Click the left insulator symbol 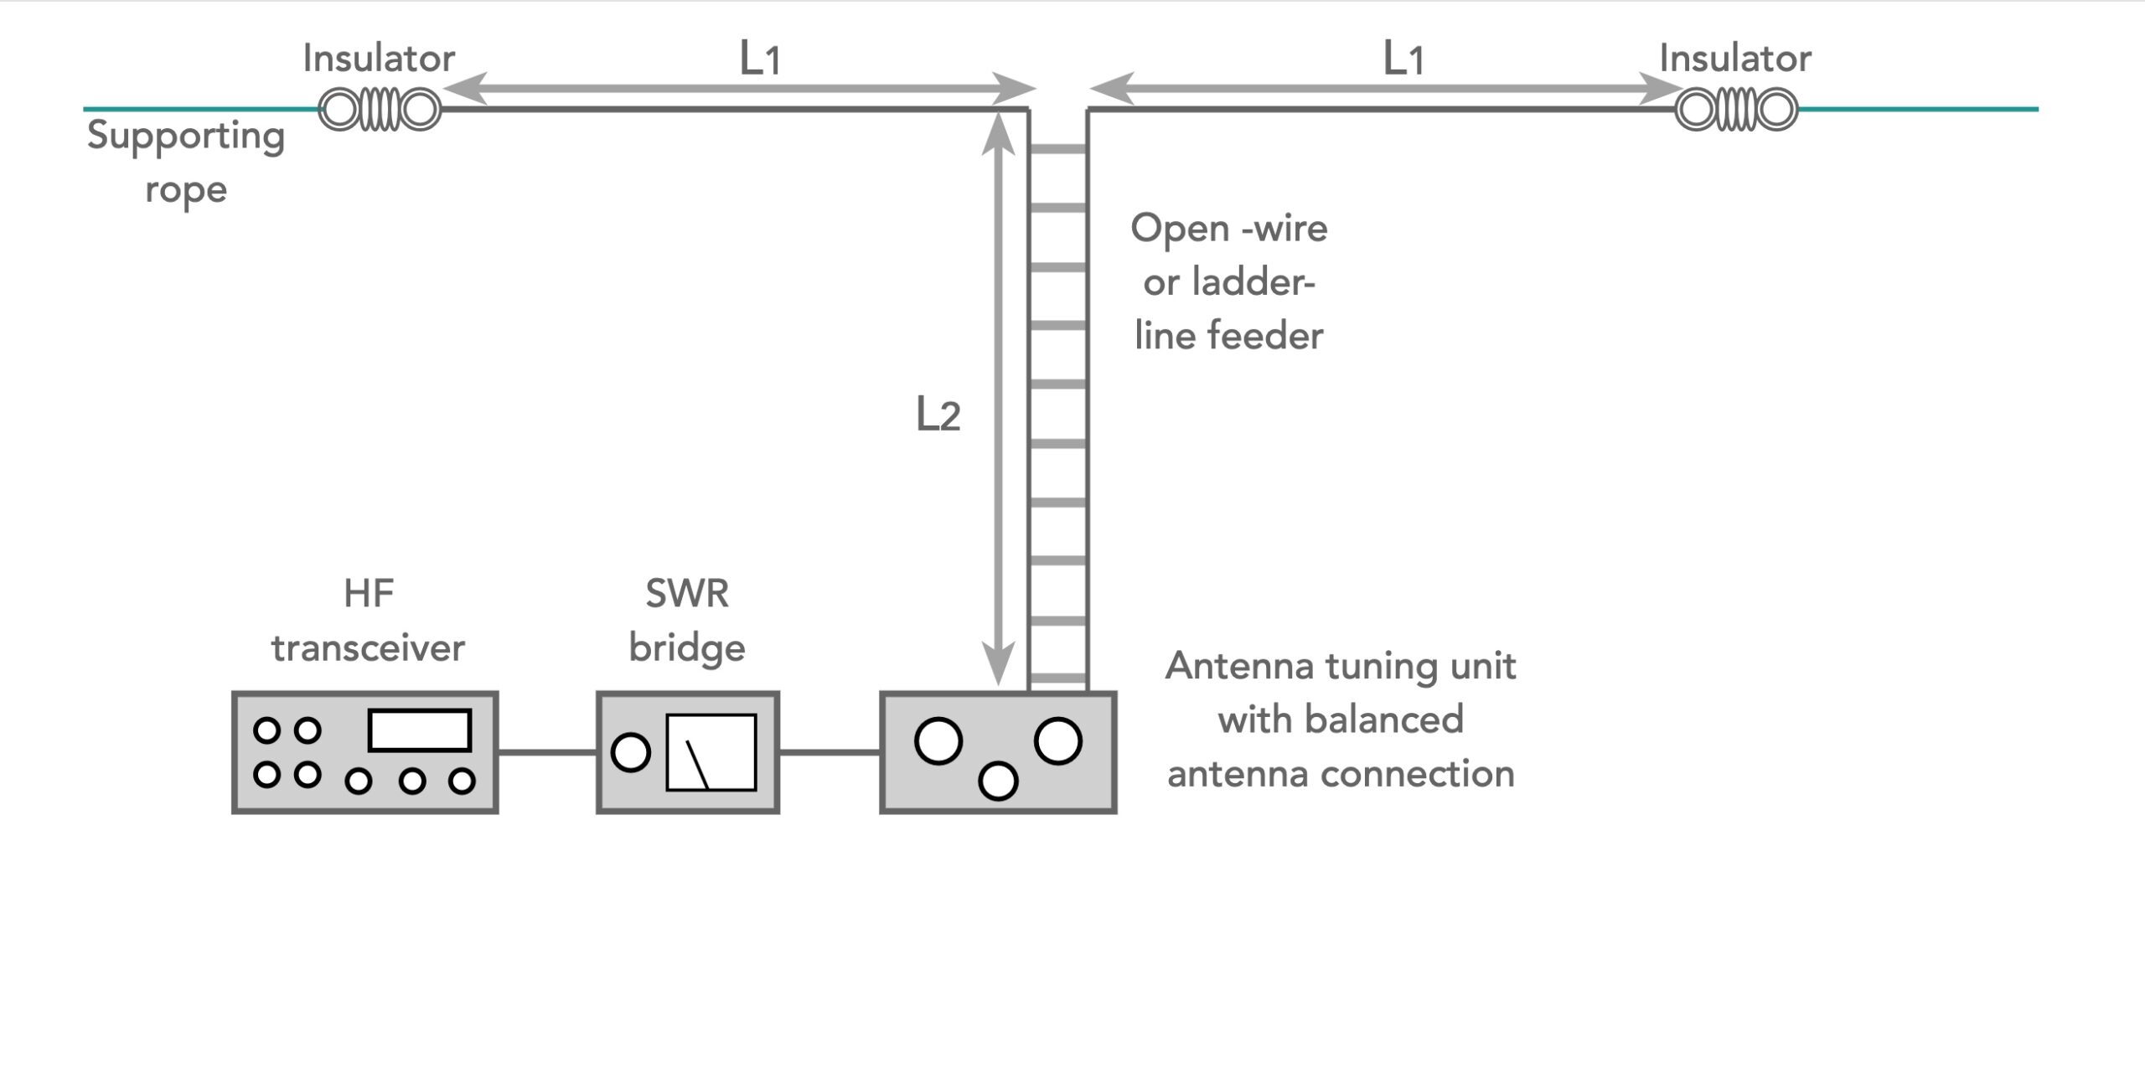[x=380, y=110]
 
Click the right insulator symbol [x=1736, y=110]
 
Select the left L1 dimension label [x=760, y=59]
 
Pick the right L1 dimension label [x=1403, y=59]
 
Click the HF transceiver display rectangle [x=420, y=730]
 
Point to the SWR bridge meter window [x=711, y=751]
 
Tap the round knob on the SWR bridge [x=631, y=751]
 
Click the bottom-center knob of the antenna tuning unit [x=998, y=781]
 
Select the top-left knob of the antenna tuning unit [x=938, y=741]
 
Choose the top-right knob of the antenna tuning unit [x=1057, y=741]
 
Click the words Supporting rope [x=186, y=162]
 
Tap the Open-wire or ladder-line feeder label [x=1229, y=282]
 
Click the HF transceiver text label [x=369, y=621]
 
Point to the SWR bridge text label [x=687, y=621]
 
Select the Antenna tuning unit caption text [x=1341, y=720]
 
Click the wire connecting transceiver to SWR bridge [x=547, y=752]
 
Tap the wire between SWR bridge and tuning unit [x=830, y=752]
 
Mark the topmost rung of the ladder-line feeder [x=1058, y=149]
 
